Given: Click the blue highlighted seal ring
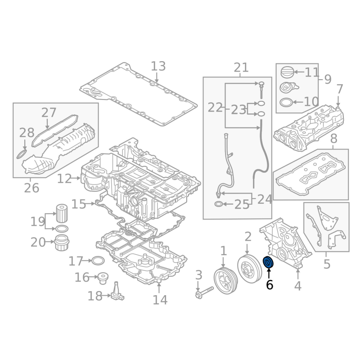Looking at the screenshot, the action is [268, 262].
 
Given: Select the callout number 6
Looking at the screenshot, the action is [270, 285].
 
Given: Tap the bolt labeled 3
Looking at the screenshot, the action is [204, 292].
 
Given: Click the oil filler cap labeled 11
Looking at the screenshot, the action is [287, 72].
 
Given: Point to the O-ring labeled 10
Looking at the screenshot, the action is [286, 103].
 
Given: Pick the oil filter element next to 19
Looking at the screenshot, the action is [62, 213].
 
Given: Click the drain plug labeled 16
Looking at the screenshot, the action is [103, 278].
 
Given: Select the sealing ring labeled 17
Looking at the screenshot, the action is [98, 261].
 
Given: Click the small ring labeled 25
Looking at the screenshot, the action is [218, 204].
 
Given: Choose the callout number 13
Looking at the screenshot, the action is [158, 66].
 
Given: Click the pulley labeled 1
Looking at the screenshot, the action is [225, 280].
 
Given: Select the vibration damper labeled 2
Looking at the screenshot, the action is [249, 269].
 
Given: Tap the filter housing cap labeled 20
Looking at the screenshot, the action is [62, 243].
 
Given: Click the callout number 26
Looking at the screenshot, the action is [31, 188].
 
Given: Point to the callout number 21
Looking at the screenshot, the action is [241, 68].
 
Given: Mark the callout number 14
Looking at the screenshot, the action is [160, 300].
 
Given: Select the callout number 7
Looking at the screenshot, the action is [340, 89].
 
